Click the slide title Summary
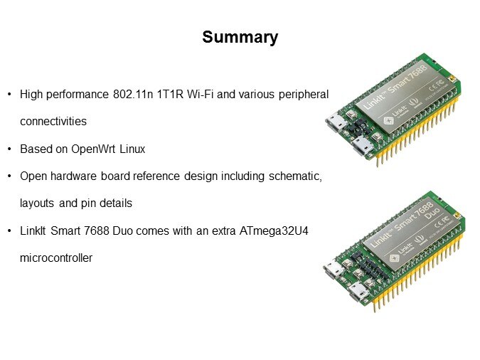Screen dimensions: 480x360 240,38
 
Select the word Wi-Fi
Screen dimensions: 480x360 201,94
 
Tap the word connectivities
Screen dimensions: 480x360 53,122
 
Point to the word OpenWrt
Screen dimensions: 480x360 93,149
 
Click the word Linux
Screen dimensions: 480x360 132,149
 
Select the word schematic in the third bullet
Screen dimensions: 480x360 294,176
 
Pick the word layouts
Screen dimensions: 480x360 37,203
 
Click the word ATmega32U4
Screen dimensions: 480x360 274,231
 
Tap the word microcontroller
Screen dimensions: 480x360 56,258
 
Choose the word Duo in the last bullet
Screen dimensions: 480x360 122,231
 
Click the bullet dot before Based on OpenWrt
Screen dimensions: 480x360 9,149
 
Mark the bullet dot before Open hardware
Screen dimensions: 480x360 9,176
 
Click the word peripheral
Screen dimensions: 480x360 304,94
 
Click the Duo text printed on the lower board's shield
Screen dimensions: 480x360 432,213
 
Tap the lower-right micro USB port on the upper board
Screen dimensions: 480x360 363,147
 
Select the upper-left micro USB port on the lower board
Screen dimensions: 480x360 333,269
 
